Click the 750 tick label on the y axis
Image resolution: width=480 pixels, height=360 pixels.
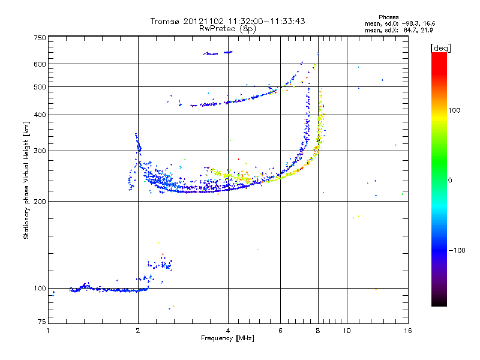pos(40,38)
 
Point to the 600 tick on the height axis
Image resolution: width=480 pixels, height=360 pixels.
pos(40,64)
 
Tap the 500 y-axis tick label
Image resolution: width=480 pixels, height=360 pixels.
pos(40,87)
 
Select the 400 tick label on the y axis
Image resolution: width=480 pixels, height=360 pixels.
pos(40,115)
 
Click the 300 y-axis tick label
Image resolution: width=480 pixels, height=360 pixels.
pos(40,151)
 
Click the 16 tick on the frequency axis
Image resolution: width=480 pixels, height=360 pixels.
pos(407,331)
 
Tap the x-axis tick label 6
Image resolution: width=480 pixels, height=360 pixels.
pos(281,331)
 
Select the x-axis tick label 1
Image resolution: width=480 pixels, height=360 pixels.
pos(48,331)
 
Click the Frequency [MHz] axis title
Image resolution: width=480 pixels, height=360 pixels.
pos(228,339)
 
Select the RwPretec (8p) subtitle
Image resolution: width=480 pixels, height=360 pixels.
pos(227,28)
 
